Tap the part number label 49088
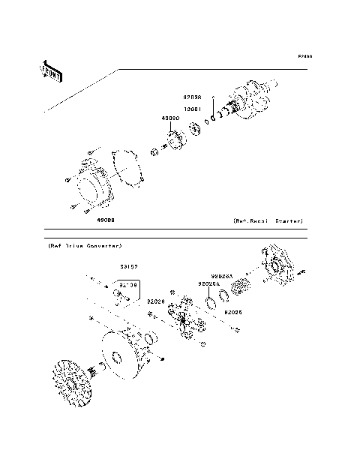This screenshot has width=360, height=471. (x=105, y=220)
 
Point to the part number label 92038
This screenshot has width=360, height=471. (x=193, y=97)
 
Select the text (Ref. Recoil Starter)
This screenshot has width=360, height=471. (x=267, y=221)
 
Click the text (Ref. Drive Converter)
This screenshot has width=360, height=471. (x=85, y=246)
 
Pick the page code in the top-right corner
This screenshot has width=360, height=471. (x=304, y=56)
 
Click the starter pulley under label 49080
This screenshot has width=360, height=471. (x=177, y=142)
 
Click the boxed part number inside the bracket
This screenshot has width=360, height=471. (x=127, y=286)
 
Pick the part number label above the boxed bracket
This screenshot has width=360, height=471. (x=128, y=266)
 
